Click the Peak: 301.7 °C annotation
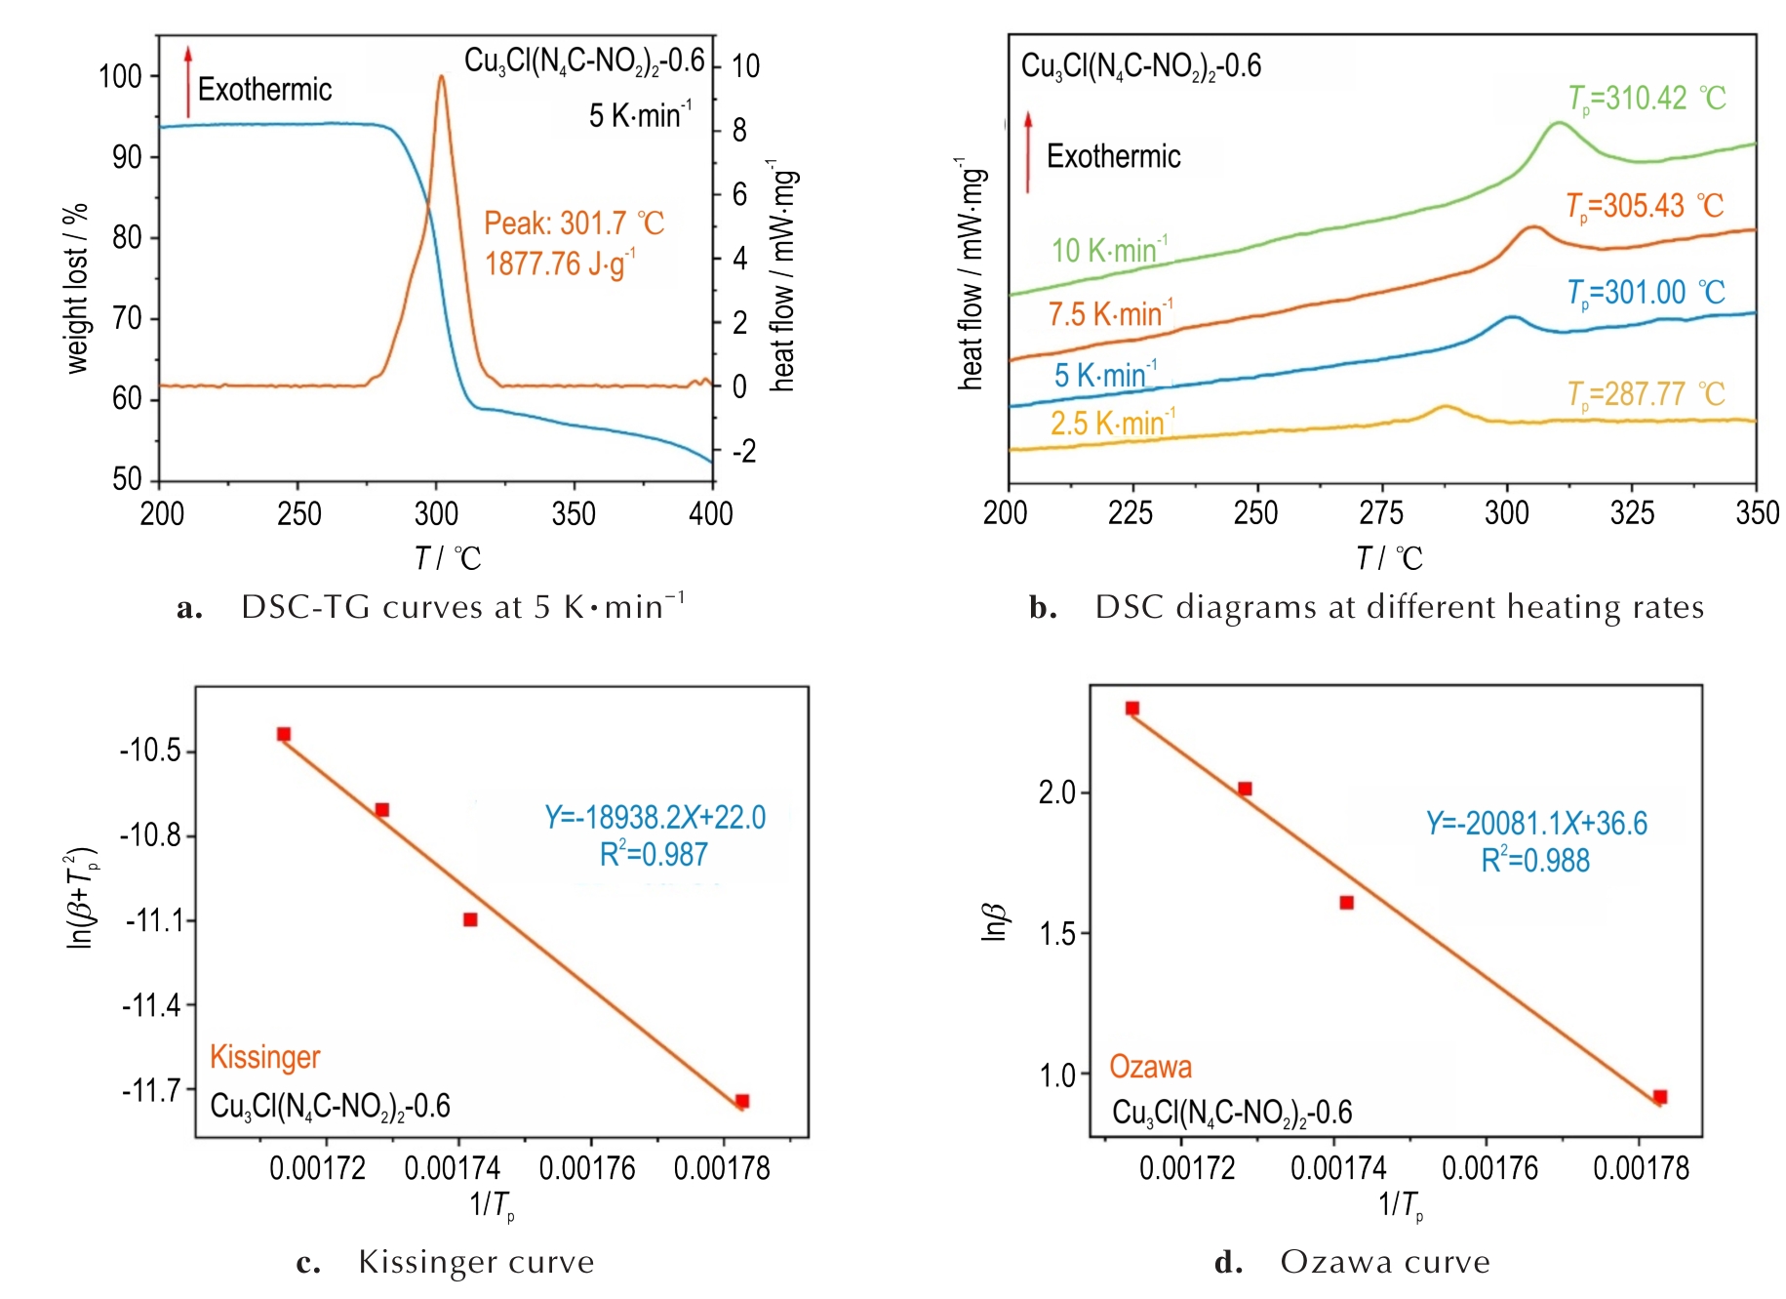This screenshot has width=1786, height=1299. point(574,223)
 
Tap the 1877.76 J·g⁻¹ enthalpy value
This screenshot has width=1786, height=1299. point(560,264)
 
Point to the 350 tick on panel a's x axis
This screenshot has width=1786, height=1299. point(574,513)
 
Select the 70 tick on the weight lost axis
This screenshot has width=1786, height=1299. point(127,318)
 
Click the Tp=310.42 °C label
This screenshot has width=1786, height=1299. point(1647,99)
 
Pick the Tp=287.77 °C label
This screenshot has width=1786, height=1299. point(1646,394)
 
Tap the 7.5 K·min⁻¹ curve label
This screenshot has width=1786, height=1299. point(1110,314)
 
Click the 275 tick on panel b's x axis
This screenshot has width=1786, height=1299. point(1381,512)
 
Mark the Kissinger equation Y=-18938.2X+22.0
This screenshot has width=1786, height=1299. point(655,817)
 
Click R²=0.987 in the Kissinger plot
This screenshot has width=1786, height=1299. point(654,855)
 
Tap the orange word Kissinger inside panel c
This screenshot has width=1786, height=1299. point(264,1057)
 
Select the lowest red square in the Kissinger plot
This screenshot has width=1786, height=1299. point(741,1101)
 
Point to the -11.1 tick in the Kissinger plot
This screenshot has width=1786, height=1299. point(154,920)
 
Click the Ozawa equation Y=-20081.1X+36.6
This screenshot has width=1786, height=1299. point(1536,823)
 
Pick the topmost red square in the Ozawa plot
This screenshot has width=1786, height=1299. point(1131,709)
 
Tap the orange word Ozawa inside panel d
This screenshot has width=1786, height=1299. point(1150,1067)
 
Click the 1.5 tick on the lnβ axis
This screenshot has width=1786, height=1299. point(1057,934)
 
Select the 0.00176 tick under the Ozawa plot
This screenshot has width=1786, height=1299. point(1489,1167)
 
